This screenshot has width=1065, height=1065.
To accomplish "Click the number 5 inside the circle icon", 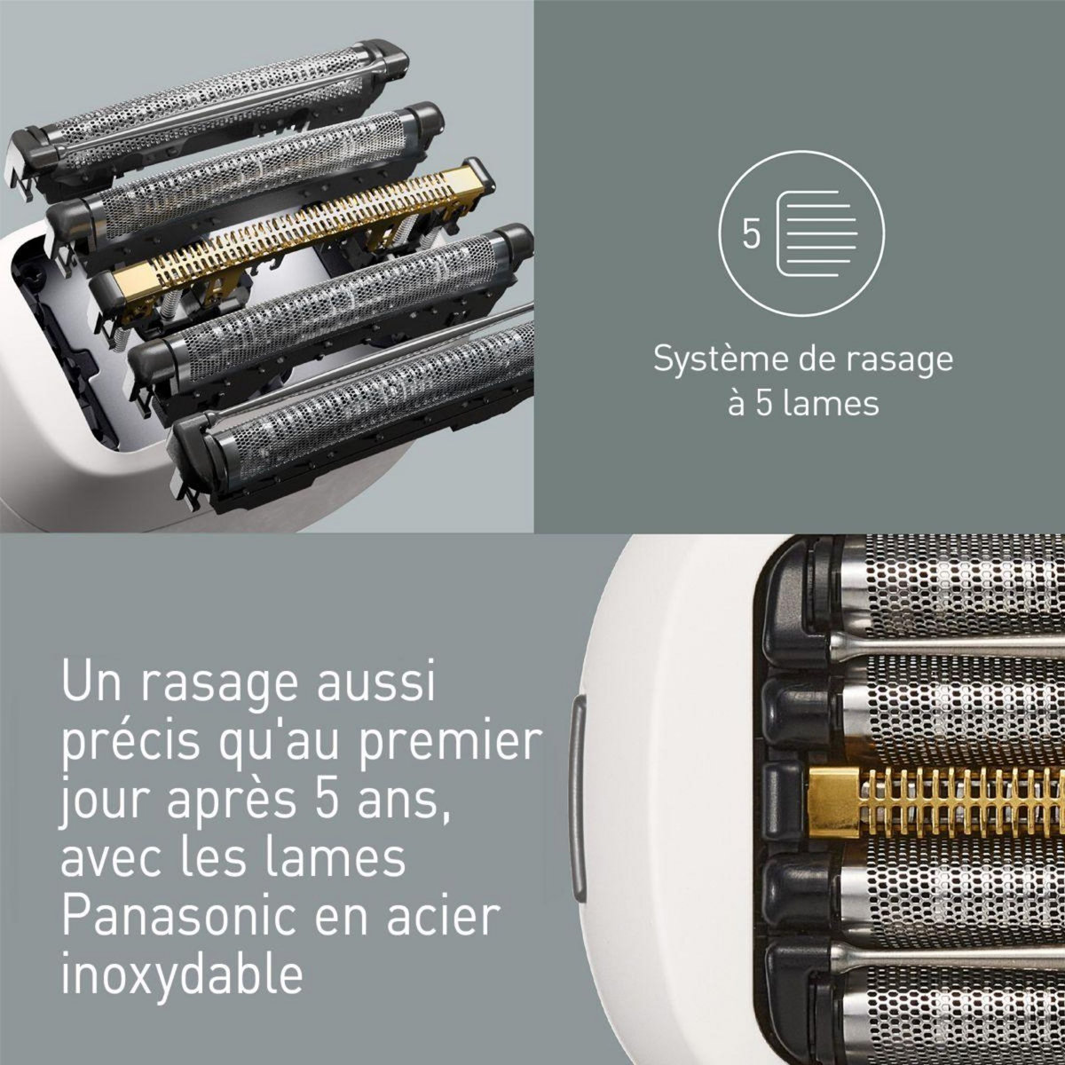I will tap(752, 235).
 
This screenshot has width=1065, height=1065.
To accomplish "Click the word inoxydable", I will tap(182, 974).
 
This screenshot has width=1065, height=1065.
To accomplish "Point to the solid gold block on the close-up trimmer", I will tap(835, 803).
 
